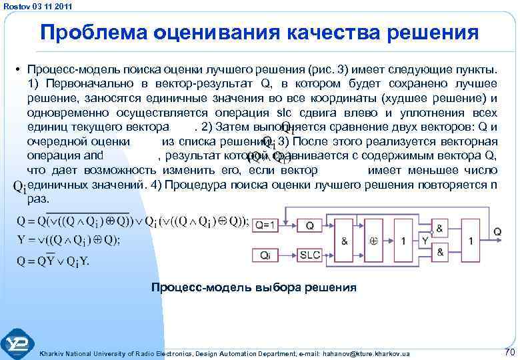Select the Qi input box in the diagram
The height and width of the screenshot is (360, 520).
pyautogui.click(x=265, y=255)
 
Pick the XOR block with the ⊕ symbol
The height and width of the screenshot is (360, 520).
pyautogui.click(x=375, y=241)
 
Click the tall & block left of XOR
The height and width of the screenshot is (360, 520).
pyautogui.click(x=345, y=241)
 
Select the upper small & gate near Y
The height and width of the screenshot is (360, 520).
pyautogui.click(x=440, y=228)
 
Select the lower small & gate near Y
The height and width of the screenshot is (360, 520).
pyautogui.click(x=440, y=253)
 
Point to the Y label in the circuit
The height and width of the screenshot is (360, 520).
pyautogui.click(x=424, y=241)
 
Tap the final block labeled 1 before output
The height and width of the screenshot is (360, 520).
pyautogui.click(x=471, y=241)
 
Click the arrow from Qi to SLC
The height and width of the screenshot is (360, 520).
pyautogui.click(x=288, y=255)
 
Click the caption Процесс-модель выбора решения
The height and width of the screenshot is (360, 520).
pyautogui.click(x=253, y=288)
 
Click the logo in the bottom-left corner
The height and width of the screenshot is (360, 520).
pyautogui.click(x=18, y=343)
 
